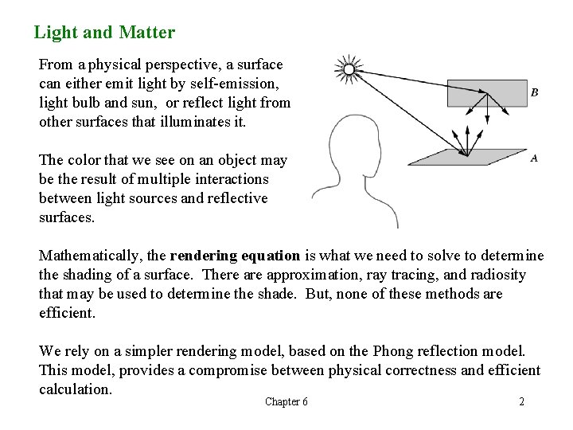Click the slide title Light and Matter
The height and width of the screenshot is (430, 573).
(104, 33)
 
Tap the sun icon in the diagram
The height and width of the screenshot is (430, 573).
(348, 70)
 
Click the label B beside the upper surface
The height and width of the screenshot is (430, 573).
(534, 92)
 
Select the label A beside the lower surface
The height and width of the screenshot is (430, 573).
(533, 158)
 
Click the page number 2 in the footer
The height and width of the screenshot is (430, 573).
(521, 401)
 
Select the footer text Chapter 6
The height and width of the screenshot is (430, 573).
(286, 401)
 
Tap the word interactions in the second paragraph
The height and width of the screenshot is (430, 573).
(231, 179)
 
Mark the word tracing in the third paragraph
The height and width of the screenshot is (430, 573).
(361, 275)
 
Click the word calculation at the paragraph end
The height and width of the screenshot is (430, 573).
(75, 389)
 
